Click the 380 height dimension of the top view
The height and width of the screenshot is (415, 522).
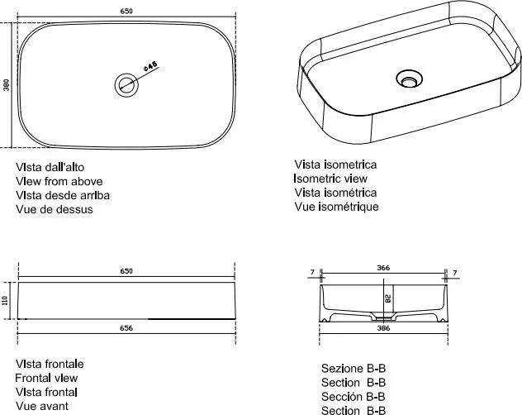tap(7, 85)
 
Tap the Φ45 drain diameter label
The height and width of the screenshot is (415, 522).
tap(150, 65)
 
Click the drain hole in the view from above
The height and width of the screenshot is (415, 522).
tap(126, 85)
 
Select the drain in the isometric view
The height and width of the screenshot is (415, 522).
tap(409, 79)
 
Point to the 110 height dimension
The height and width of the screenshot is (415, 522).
tap(5, 300)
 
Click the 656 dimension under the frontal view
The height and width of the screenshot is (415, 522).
tap(126, 328)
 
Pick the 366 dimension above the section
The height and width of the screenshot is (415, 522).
tap(383, 268)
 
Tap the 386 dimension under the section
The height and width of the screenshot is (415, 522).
tap(383, 328)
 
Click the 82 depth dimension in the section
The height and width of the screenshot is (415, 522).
tap(388, 298)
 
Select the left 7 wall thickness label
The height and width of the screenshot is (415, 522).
tap(312, 272)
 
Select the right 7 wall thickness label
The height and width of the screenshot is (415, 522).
tap(455, 273)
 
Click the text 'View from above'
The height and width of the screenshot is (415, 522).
tap(59, 181)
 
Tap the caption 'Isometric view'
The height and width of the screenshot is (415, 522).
tap(330, 179)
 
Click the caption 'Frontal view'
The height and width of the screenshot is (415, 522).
tap(46, 378)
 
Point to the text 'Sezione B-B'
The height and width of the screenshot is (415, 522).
tap(354, 369)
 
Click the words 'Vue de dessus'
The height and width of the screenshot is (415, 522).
tap(55, 209)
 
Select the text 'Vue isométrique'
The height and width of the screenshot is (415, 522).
tap(336, 207)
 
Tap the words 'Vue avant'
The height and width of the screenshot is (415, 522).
tap(42, 406)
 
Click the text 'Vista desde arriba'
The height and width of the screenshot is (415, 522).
tap(63, 195)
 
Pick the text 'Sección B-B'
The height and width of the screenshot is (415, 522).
tap(354, 397)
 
